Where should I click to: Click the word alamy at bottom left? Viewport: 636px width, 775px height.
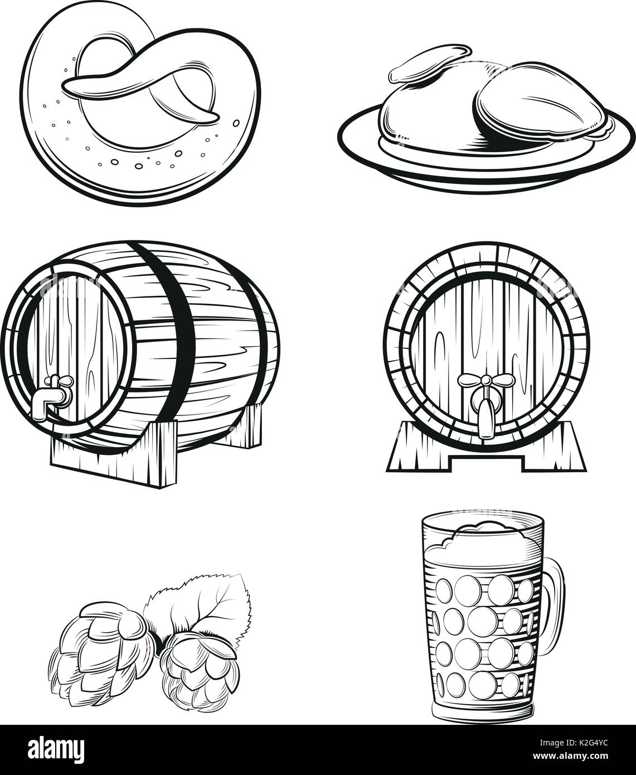tap(53, 750)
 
